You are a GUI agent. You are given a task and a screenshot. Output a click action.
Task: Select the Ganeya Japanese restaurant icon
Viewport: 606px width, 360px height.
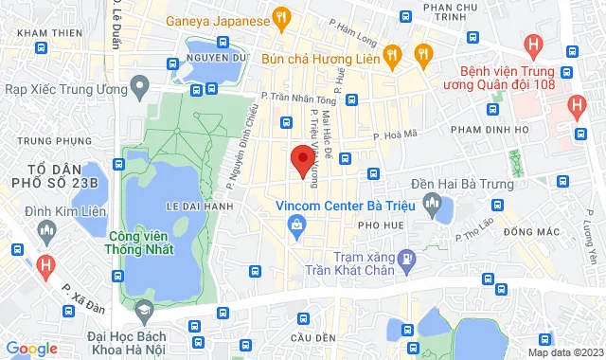[x=279, y=17]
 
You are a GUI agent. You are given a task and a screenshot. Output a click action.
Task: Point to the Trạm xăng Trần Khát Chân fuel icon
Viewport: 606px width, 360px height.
[x=406, y=258]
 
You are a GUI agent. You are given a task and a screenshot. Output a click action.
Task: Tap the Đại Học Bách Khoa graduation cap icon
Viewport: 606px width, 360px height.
[x=144, y=310]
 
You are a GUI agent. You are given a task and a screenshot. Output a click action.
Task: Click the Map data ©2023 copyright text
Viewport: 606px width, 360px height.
[x=564, y=352]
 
